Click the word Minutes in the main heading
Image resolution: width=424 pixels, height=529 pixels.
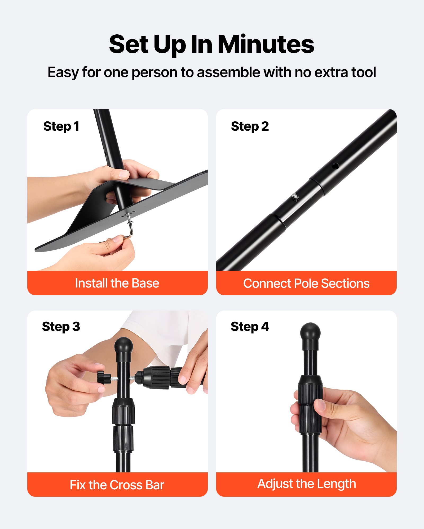pos(266,44)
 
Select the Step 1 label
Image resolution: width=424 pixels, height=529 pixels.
pos(61,126)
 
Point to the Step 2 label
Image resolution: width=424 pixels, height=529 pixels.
pos(250,126)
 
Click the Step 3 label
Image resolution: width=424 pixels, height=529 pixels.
pos(61,327)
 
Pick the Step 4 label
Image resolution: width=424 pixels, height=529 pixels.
pos(250,327)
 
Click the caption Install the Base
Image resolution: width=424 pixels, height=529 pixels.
pos(117,283)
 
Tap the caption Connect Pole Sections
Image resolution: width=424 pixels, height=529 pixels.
pos(306,283)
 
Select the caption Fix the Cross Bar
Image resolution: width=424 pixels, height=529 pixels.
pos(117,485)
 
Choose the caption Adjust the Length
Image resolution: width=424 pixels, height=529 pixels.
pos(307,484)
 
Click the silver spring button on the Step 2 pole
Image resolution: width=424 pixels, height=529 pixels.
pos(295,197)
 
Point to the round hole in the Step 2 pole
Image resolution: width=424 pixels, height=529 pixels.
pos(335,166)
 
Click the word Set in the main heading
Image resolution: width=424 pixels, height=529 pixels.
pos(129,44)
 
